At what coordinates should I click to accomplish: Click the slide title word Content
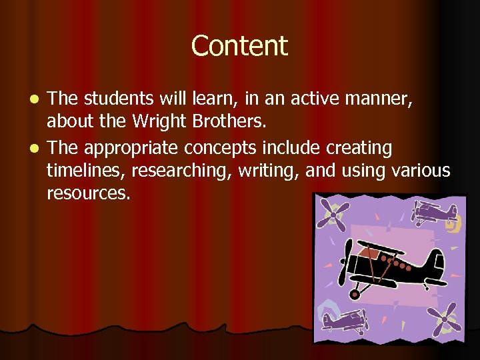(x=239, y=46)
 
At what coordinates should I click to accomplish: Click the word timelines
(x=85, y=171)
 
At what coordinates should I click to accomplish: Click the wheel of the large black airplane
(x=355, y=293)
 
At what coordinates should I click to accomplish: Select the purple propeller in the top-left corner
(x=332, y=214)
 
